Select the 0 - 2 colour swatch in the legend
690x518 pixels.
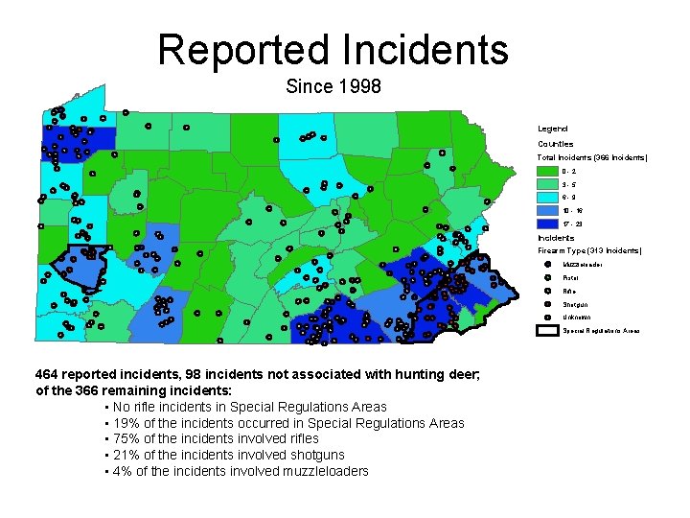[x=547, y=170]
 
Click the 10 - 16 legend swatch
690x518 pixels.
[x=547, y=209]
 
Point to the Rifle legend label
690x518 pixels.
[x=569, y=291]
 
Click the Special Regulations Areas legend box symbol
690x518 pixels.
[x=547, y=330]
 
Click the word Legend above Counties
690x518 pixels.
[x=552, y=129]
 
